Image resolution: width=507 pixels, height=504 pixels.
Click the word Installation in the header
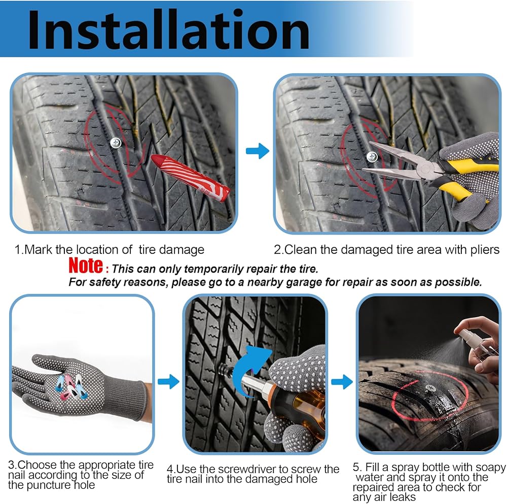coord(169,30)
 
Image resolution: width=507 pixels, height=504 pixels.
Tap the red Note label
coord(86,266)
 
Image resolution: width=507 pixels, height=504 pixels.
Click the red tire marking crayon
coord(191,177)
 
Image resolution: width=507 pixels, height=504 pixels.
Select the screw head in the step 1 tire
coord(116,143)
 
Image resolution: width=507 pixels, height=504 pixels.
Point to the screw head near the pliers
coord(372,157)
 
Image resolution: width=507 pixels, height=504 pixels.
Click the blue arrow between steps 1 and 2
coord(258,151)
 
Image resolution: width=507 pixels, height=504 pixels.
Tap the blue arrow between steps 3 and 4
coord(168,382)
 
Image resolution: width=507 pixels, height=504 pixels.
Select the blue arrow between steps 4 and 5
coord(342,382)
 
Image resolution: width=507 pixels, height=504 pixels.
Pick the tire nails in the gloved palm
coord(71,386)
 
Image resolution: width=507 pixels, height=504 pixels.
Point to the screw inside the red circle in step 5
coord(430,388)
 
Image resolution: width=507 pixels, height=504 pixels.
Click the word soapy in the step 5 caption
coord(491,468)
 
